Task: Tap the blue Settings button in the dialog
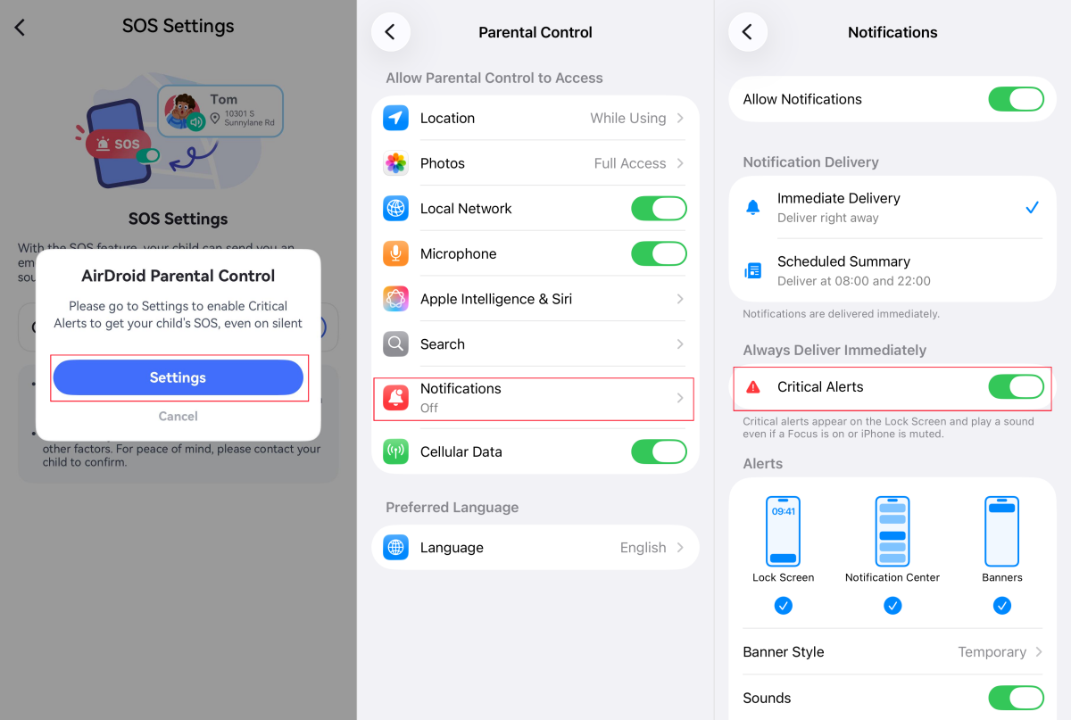(x=178, y=377)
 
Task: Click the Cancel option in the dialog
(x=178, y=416)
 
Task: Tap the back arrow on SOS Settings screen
(x=20, y=27)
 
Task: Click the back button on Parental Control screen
(x=390, y=32)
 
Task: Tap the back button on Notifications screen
(x=747, y=32)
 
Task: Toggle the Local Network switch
(x=659, y=209)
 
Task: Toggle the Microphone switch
(x=659, y=253)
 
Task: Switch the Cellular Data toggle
(x=659, y=451)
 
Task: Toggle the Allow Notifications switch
(x=1016, y=99)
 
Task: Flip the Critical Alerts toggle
(x=1016, y=386)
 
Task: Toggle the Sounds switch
(x=1016, y=698)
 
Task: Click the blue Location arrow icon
(x=395, y=118)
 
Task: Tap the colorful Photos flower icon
(x=395, y=163)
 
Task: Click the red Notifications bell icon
(x=395, y=398)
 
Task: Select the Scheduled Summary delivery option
(x=843, y=270)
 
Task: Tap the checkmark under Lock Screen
(x=783, y=606)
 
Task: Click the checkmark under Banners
(x=1002, y=606)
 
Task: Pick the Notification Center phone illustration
(x=892, y=531)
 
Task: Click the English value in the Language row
(x=643, y=548)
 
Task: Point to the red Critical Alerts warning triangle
(x=753, y=387)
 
